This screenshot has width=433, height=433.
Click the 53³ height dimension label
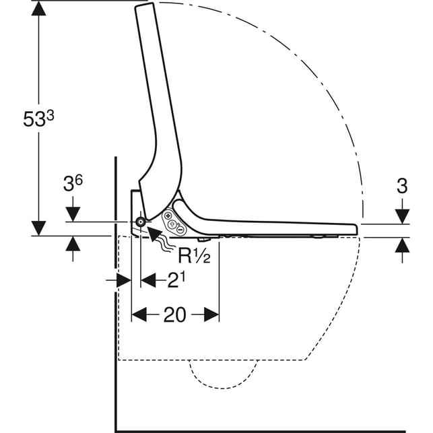point(38,119)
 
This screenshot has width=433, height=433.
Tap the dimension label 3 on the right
point(402,186)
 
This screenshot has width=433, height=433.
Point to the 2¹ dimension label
point(176,280)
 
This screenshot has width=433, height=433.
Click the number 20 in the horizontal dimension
point(175,314)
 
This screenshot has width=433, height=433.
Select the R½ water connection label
point(194,255)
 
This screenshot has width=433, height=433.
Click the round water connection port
point(141,222)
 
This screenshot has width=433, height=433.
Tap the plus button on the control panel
point(167,215)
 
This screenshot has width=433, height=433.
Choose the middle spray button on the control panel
point(172,224)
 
